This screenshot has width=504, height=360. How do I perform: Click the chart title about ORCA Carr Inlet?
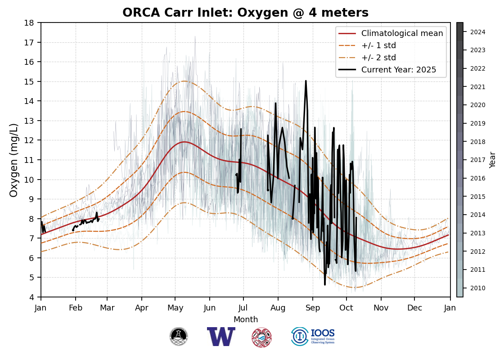(x=245, y=13)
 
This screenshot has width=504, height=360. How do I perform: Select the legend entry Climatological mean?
(x=402, y=33)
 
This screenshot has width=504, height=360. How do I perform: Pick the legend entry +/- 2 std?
(x=378, y=58)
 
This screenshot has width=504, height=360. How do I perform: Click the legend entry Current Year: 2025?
(x=399, y=70)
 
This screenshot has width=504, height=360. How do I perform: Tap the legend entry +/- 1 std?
(x=378, y=45)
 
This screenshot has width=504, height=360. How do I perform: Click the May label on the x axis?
(x=175, y=308)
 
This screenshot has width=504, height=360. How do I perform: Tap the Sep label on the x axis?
(x=312, y=308)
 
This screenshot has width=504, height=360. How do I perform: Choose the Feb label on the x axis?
(x=75, y=308)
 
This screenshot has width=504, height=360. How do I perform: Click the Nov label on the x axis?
(x=381, y=308)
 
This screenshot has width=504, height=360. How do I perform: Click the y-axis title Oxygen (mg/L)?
(x=14, y=160)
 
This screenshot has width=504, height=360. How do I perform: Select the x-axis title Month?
(x=246, y=319)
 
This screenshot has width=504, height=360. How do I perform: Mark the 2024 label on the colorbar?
(x=477, y=32)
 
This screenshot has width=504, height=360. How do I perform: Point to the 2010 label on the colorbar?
(x=477, y=288)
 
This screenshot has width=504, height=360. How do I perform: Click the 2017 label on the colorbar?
(x=477, y=160)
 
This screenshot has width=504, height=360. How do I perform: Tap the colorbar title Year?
(x=493, y=160)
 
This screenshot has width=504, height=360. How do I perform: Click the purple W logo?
(x=221, y=337)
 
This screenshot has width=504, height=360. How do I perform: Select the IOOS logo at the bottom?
(x=313, y=337)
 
